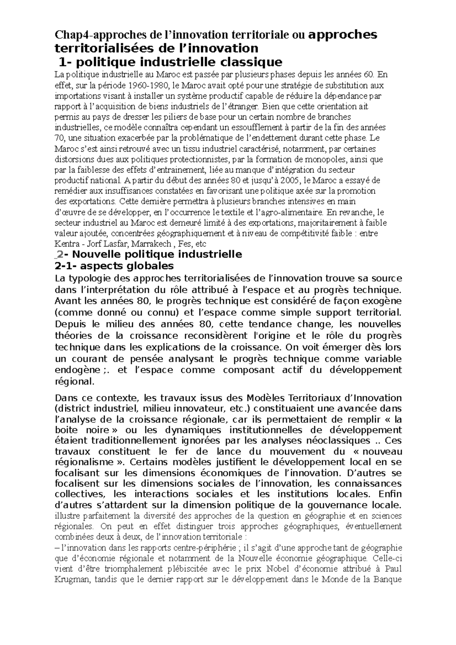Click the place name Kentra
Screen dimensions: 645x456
[x=65, y=243]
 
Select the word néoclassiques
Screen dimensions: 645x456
[x=344, y=441]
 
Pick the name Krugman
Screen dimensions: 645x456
[x=70, y=580]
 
